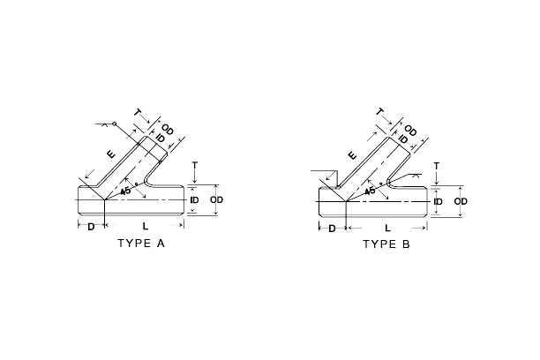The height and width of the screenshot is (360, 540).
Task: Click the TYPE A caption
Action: click(141, 244)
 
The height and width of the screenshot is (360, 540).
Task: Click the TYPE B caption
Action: click(386, 244)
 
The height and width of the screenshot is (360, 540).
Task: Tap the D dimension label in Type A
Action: click(91, 227)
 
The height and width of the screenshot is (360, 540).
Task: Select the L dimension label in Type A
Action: click(146, 227)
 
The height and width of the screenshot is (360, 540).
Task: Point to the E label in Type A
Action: click(111, 154)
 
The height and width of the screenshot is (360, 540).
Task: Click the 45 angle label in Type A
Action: click(125, 191)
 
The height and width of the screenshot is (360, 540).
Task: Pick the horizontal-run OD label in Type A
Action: click(217, 199)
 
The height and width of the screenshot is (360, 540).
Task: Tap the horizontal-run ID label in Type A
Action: click(195, 199)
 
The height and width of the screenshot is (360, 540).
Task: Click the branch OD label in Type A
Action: click(168, 131)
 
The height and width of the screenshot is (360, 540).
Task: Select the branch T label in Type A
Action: click(138, 113)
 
